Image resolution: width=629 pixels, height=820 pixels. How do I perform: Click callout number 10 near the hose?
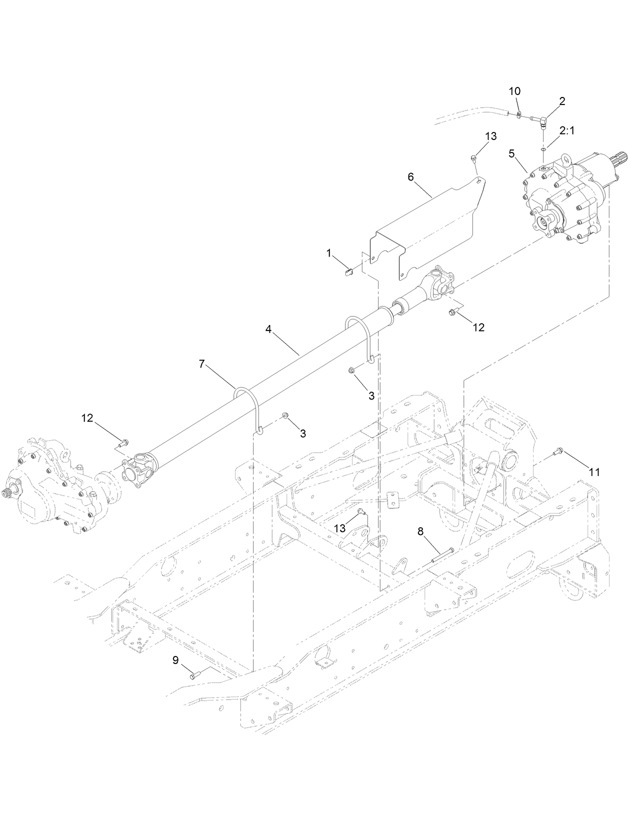(514, 91)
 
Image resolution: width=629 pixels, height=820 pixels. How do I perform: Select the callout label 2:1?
(567, 131)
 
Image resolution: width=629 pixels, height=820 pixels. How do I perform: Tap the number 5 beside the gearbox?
(511, 153)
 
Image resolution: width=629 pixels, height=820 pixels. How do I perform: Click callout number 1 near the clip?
(329, 253)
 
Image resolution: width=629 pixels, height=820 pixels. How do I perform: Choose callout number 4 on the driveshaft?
(268, 329)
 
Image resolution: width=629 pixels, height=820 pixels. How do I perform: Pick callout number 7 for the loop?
(201, 364)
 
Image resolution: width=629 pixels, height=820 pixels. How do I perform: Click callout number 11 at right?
(594, 471)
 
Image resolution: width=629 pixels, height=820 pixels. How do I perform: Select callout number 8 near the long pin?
(420, 531)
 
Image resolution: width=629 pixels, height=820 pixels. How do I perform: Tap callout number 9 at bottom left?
(175, 660)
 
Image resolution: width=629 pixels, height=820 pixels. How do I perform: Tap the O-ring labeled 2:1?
(543, 148)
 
